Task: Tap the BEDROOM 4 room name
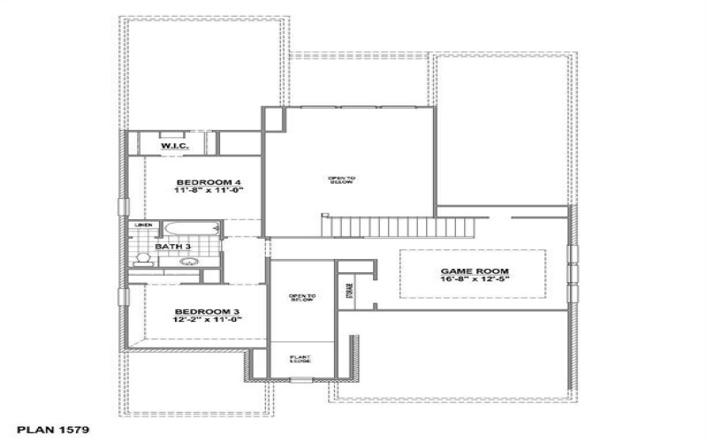pyautogui.click(x=197, y=182)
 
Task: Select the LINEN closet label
pyautogui.click(x=142, y=226)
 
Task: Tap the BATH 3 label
pyautogui.click(x=173, y=247)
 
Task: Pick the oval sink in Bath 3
pyautogui.click(x=188, y=262)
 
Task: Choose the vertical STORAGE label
pyautogui.click(x=348, y=288)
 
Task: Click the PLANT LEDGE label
pyautogui.click(x=301, y=360)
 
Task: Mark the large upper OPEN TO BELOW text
pyautogui.click(x=342, y=179)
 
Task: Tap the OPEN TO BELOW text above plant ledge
pyautogui.click(x=301, y=298)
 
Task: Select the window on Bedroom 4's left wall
pyautogui.click(x=121, y=207)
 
